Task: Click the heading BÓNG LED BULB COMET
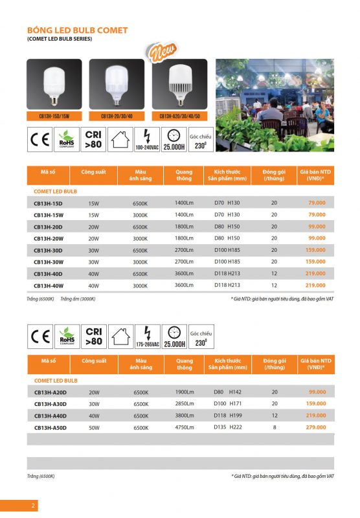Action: (77, 30)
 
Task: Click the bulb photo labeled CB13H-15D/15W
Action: (54, 85)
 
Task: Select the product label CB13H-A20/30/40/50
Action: (179, 117)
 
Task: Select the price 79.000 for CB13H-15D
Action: (317, 203)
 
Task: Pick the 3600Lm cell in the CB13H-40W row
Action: (184, 285)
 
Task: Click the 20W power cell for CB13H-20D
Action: (94, 227)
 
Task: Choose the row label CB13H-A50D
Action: (54, 427)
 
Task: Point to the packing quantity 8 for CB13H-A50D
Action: (274, 427)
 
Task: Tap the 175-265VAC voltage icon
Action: (146, 337)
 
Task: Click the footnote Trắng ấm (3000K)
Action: (78, 298)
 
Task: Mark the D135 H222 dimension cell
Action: (227, 427)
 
